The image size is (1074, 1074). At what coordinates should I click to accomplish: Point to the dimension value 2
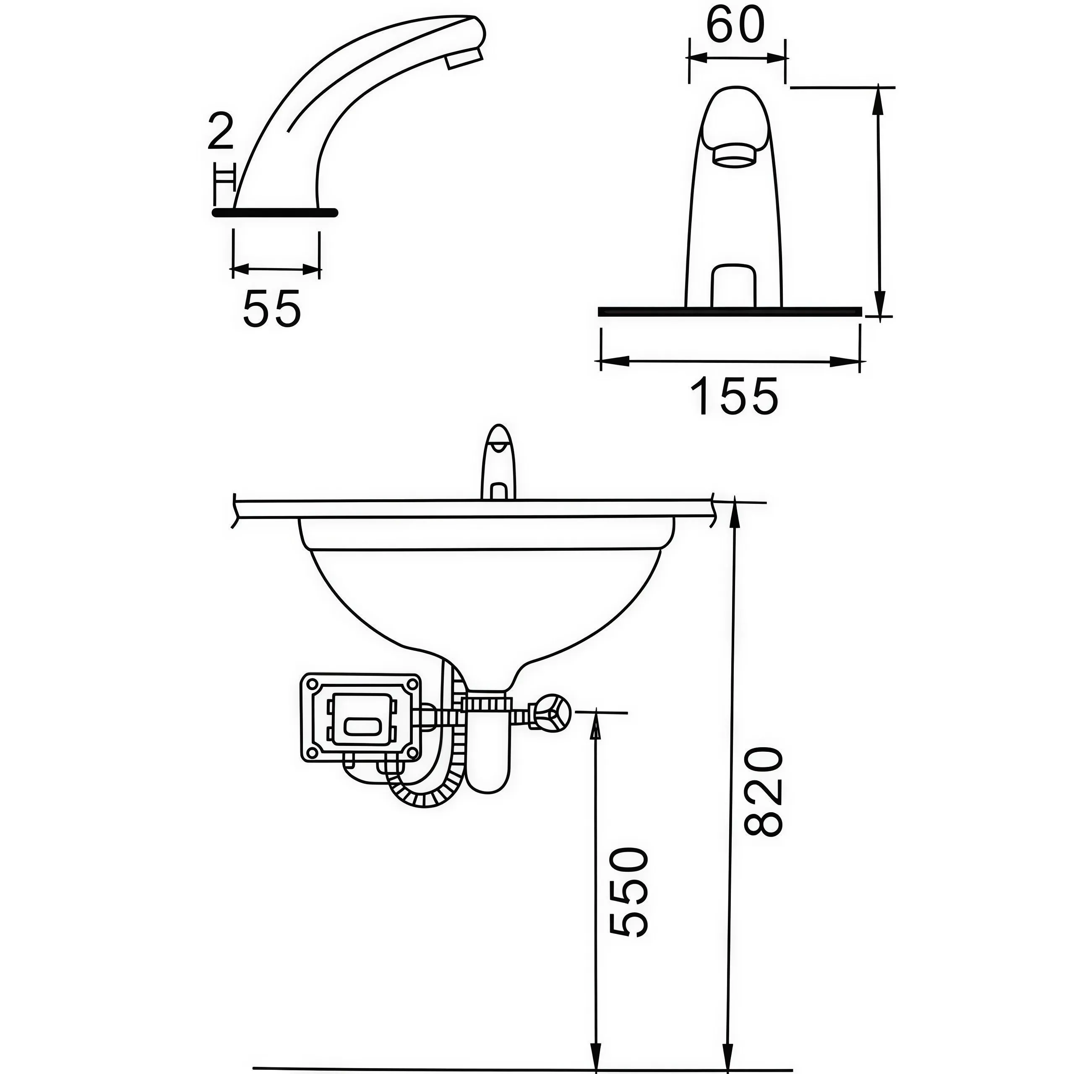pyautogui.click(x=220, y=131)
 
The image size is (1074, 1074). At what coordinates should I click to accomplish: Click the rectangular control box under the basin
pyautogui.click(x=361, y=718)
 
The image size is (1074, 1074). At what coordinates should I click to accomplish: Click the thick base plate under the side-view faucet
pyautogui.click(x=275, y=212)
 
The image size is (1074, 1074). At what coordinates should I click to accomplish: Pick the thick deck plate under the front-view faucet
pyautogui.click(x=730, y=311)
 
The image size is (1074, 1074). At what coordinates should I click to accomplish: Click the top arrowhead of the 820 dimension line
pyautogui.click(x=734, y=508)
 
